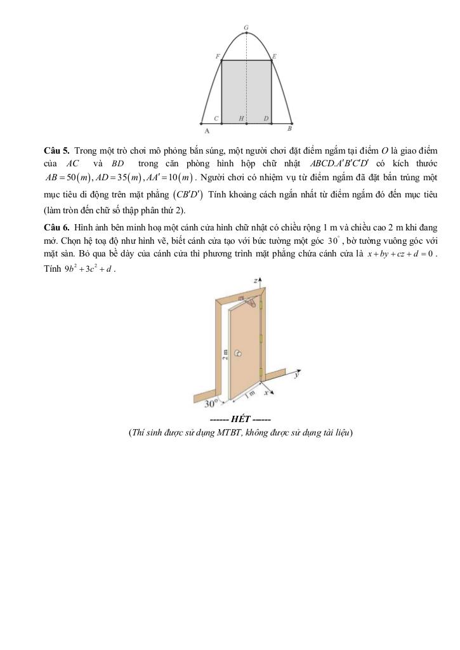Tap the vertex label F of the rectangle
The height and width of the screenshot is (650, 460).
(x=217, y=56)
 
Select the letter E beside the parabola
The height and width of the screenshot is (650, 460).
(x=274, y=56)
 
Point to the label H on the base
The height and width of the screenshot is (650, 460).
(x=241, y=118)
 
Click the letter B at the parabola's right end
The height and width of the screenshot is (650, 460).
(x=290, y=129)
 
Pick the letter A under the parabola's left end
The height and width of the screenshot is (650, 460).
(x=207, y=131)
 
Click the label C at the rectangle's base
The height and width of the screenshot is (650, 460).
(x=216, y=118)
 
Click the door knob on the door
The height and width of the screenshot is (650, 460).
(x=238, y=353)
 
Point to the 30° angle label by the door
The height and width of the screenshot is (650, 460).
(x=212, y=403)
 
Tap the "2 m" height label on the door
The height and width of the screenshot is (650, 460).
(x=226, y=354)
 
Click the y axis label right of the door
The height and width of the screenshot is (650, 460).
(x=297, y=375)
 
